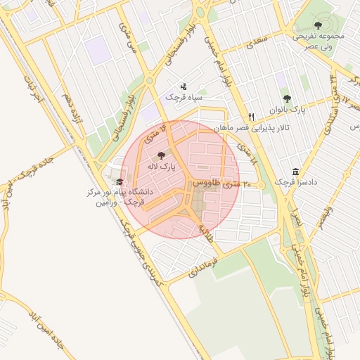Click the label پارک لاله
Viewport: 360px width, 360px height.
click(161, 167)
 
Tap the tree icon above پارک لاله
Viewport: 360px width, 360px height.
click(161, 155)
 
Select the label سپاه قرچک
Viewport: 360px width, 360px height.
click(184, 97)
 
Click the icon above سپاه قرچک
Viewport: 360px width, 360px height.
click(184, 86)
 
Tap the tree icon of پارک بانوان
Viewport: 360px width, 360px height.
click(286, 99)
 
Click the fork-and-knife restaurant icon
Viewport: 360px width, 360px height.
click(251, 116)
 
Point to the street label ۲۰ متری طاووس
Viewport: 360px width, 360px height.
click(218, 184)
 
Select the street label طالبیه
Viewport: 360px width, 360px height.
click(205, 233)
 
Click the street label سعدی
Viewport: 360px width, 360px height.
click(257, 41)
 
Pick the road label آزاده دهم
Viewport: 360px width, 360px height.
click(72, 110)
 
